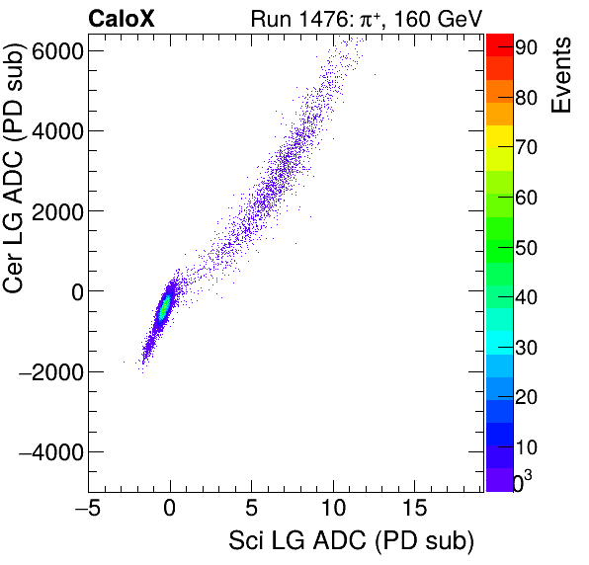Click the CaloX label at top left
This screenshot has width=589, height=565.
(122, 18)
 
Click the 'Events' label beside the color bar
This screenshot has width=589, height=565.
(562, 77)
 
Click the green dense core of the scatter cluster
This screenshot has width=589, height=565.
(165, 308)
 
